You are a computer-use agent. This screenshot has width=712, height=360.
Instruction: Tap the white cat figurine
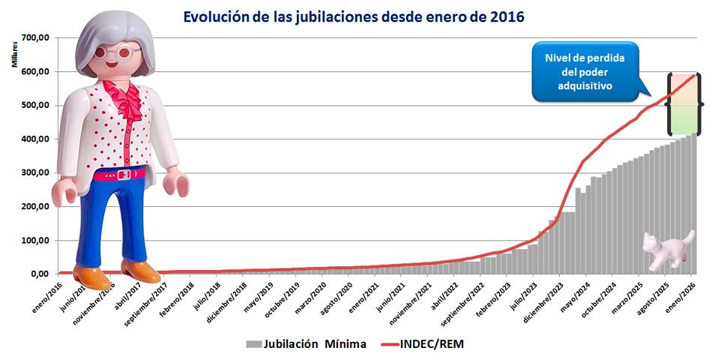click(x=669, y=249)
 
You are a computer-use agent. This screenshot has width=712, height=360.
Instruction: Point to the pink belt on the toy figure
click(x=121, y=175)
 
